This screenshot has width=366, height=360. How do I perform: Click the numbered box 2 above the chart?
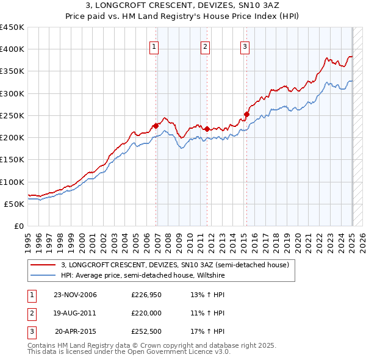point(205,46)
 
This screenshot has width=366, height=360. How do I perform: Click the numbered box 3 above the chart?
point(245,46)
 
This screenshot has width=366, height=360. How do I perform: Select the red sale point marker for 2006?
point(156,126)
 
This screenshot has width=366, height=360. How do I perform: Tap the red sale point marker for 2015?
point(247,114)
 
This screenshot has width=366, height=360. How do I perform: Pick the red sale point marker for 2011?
point(207,129)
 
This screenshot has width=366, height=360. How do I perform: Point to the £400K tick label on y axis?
point(12,49)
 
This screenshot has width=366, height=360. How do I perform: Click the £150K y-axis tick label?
point(12,160)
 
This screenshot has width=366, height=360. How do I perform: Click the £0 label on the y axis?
point(18,226)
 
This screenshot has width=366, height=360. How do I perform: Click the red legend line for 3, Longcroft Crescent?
point(43,265)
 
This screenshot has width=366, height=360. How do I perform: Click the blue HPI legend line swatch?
point(43,276)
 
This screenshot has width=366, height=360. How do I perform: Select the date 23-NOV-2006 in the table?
point(76,295)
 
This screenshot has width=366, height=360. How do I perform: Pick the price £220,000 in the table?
point(146,314)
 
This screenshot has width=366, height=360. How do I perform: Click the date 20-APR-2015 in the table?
point(76,332)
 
